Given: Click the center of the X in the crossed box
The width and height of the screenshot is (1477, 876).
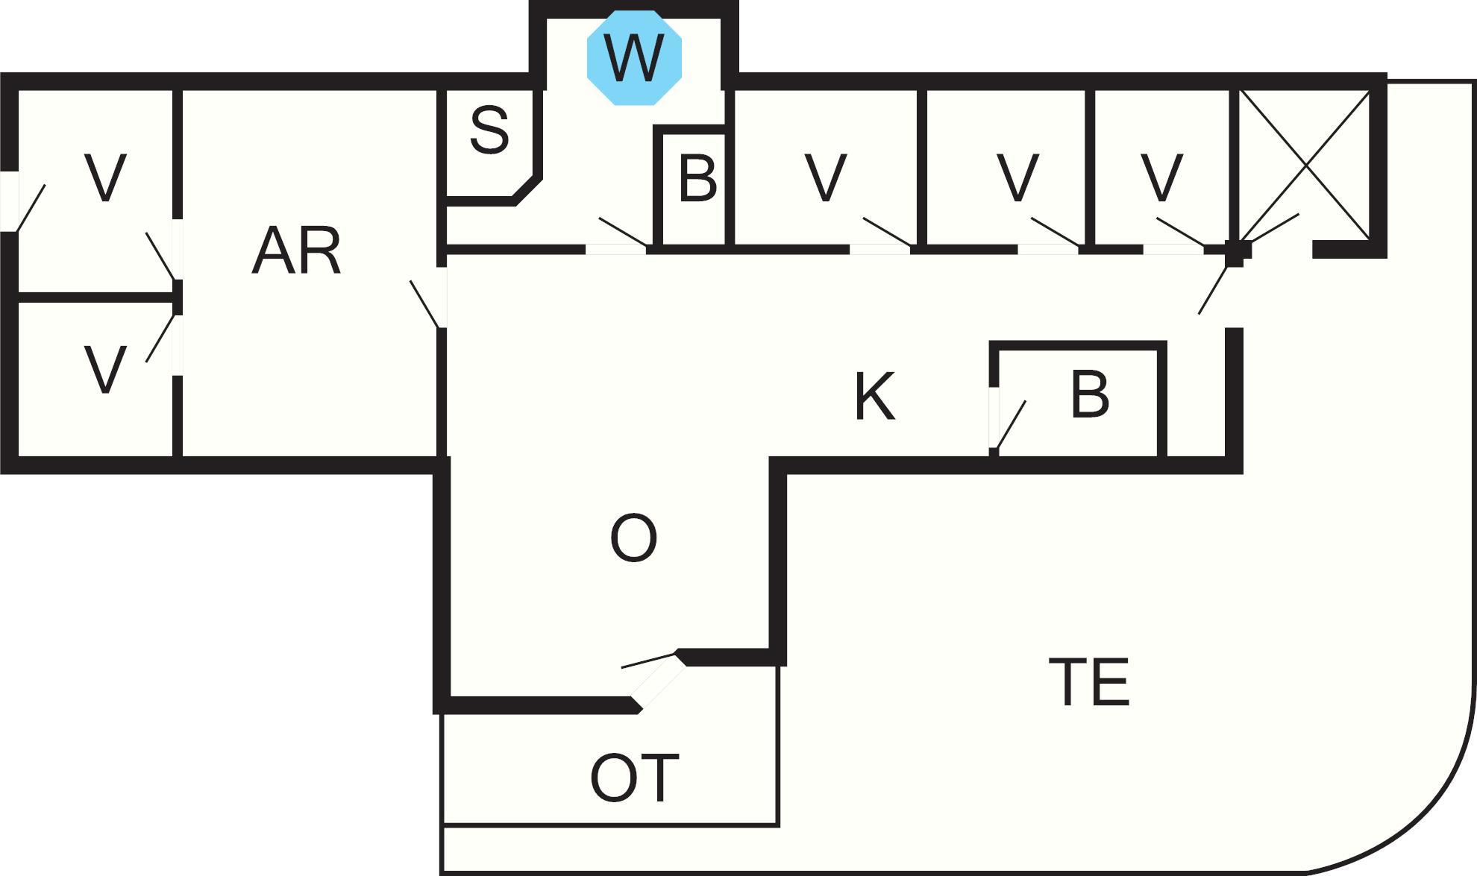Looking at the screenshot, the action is click(x=1304, y=166).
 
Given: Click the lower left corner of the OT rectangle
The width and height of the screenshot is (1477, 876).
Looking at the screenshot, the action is click(x=443, y=825).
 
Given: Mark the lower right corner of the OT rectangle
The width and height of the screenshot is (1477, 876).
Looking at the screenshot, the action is click(x=779, y=825).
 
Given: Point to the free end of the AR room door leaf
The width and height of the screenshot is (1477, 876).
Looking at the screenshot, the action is click(x=411, y=281).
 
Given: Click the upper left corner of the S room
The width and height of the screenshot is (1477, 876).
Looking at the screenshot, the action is click(x=446, y=91).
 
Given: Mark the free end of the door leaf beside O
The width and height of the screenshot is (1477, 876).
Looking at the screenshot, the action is click(x=622, y=667).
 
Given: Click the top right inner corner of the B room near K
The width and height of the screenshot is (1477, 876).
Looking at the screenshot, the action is click(x=1158, y=350).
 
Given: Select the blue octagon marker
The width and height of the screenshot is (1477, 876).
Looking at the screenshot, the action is click(x=634, y=58).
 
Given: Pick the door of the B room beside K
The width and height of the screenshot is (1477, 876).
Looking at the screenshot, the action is click(x=1009, y=423).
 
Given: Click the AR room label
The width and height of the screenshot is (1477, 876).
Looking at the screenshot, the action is click(x=297, y=251).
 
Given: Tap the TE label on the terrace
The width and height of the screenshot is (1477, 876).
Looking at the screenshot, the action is click(x=1089, y=681).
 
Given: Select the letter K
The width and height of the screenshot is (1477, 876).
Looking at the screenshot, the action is click(x=874, y=396).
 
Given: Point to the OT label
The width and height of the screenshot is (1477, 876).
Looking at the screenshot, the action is click(x=635, y=778).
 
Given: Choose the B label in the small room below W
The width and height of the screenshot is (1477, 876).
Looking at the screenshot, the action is click(x=698, y=178).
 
